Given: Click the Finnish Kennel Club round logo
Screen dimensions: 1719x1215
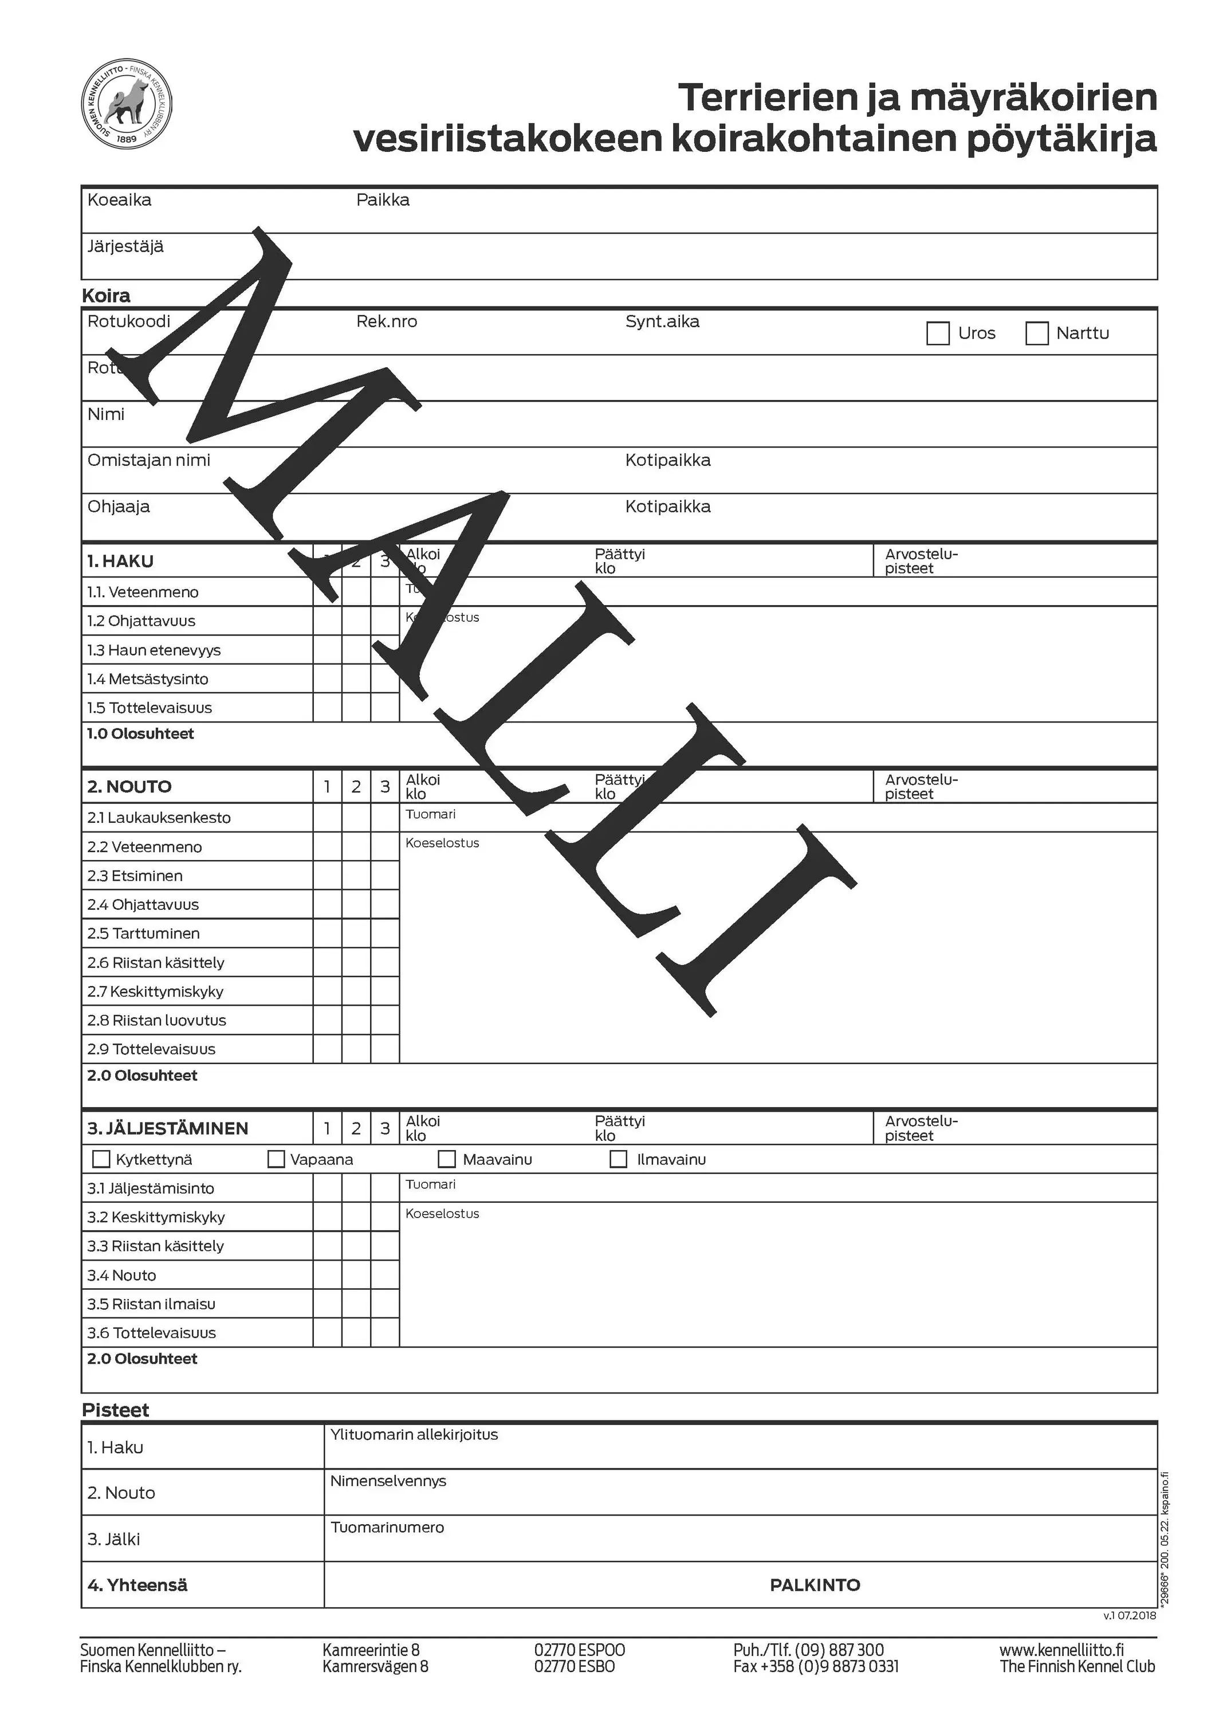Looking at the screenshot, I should tap(126, 104).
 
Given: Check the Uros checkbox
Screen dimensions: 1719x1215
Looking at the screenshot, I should tap(937, 333).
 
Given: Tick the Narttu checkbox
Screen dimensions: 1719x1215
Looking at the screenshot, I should tap(1036, 333).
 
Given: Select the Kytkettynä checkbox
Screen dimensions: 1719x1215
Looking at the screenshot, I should tap(100, 1159).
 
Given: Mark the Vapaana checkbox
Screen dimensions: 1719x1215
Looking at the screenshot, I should tap(276, 1159).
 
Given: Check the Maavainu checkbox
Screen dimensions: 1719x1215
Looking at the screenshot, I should tap(446, 1159).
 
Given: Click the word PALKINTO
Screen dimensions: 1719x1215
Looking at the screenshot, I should tap(815, 1585).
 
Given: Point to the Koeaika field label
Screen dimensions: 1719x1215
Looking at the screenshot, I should tap(119, 200).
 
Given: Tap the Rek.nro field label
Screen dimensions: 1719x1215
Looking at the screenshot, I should tap(386, 321).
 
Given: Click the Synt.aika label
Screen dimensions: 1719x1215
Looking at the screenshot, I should tap(662, 321).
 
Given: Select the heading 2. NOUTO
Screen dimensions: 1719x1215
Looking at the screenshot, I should tap(129, 786).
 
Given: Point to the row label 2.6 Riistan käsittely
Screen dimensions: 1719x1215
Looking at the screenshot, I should tap(155, 962).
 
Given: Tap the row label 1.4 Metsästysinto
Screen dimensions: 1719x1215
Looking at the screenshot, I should tap(147, 679).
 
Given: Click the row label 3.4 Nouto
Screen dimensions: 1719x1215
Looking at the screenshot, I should tap(121, 1275).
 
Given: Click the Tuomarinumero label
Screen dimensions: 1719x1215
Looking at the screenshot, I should tap(387, 1528).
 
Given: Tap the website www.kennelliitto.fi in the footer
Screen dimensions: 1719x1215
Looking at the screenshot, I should tap(1061, 1649).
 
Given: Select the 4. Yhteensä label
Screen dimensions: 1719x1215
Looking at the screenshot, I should tap(137, 1585).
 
